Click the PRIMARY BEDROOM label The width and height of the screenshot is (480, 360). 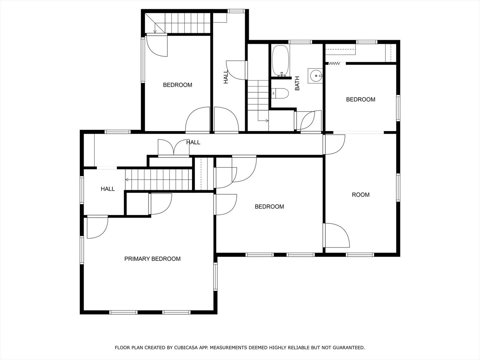click(x=152, y=259)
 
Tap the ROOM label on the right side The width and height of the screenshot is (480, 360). click(x=361, y=195)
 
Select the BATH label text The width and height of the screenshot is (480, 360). click(x=297, y=83)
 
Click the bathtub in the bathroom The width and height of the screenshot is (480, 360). click(x=280, y=61)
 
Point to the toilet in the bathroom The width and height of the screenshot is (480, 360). click(x=280, y=93)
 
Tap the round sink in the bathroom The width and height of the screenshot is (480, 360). click(x=315, y=76)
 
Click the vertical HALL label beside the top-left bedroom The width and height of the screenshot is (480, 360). click(x=226, y=77)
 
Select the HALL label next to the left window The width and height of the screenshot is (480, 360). click(x=108, y=189)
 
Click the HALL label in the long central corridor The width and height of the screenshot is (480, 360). click(x=193, y=142)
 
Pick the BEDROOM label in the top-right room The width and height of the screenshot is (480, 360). click(x=360, y=99)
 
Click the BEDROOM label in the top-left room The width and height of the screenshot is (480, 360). click(x=177, y=85)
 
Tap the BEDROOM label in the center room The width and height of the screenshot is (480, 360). click(x=269, y=207)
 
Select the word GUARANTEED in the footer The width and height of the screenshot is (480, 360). click(x=351, y=348)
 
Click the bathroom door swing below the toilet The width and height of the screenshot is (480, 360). click(x=307, y=121)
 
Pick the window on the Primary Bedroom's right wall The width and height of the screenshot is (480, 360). click(x=215, y=276)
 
